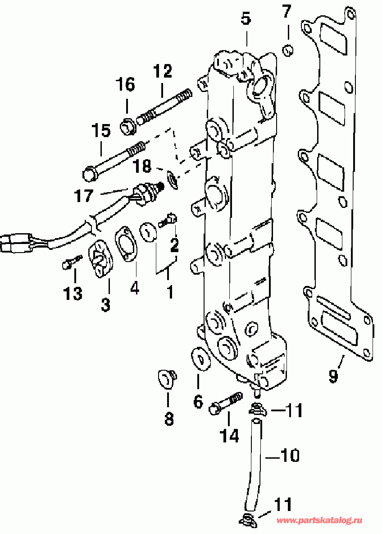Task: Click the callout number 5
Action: (x=245, y=19)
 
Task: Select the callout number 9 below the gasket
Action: (x=333, y=376)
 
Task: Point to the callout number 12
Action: (x=162, y=71)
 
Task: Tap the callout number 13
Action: (x=73, y=294)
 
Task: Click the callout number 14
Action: (x=229, y=435)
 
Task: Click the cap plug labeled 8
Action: (x=166, y=378)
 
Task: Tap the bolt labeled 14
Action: (x=225, y=404)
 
